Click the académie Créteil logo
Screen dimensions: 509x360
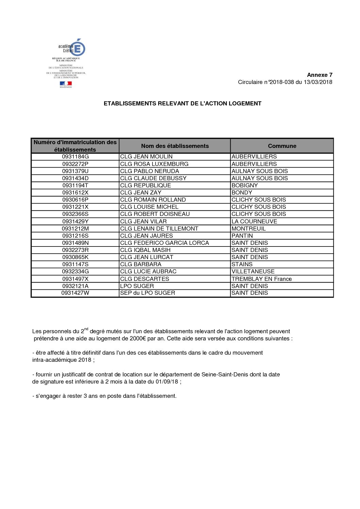[72, 48]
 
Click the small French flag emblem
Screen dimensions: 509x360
[66, 84]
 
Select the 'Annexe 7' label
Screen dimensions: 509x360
[320, 75]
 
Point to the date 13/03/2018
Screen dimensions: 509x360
[318, 82]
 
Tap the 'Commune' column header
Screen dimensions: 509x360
[282, 146]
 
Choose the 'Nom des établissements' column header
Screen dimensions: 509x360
[175, 146]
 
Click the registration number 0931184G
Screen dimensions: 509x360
[75, 157]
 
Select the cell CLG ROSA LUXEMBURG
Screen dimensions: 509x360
[154, 164]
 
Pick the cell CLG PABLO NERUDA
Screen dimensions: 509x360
[149, 171]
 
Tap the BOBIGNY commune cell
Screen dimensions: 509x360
[245, 185]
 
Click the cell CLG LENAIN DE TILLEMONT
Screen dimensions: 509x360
[159, 228]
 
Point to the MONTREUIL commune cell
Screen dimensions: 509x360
[248, 228]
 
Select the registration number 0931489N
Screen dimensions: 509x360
[75, 243]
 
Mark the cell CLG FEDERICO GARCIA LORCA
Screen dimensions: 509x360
[164, 243]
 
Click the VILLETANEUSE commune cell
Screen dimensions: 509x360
[253, 271]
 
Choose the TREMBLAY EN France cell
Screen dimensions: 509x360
[261, 279]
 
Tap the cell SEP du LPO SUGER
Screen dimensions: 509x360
[147, 293]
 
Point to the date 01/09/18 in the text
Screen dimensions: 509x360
[167, 381]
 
